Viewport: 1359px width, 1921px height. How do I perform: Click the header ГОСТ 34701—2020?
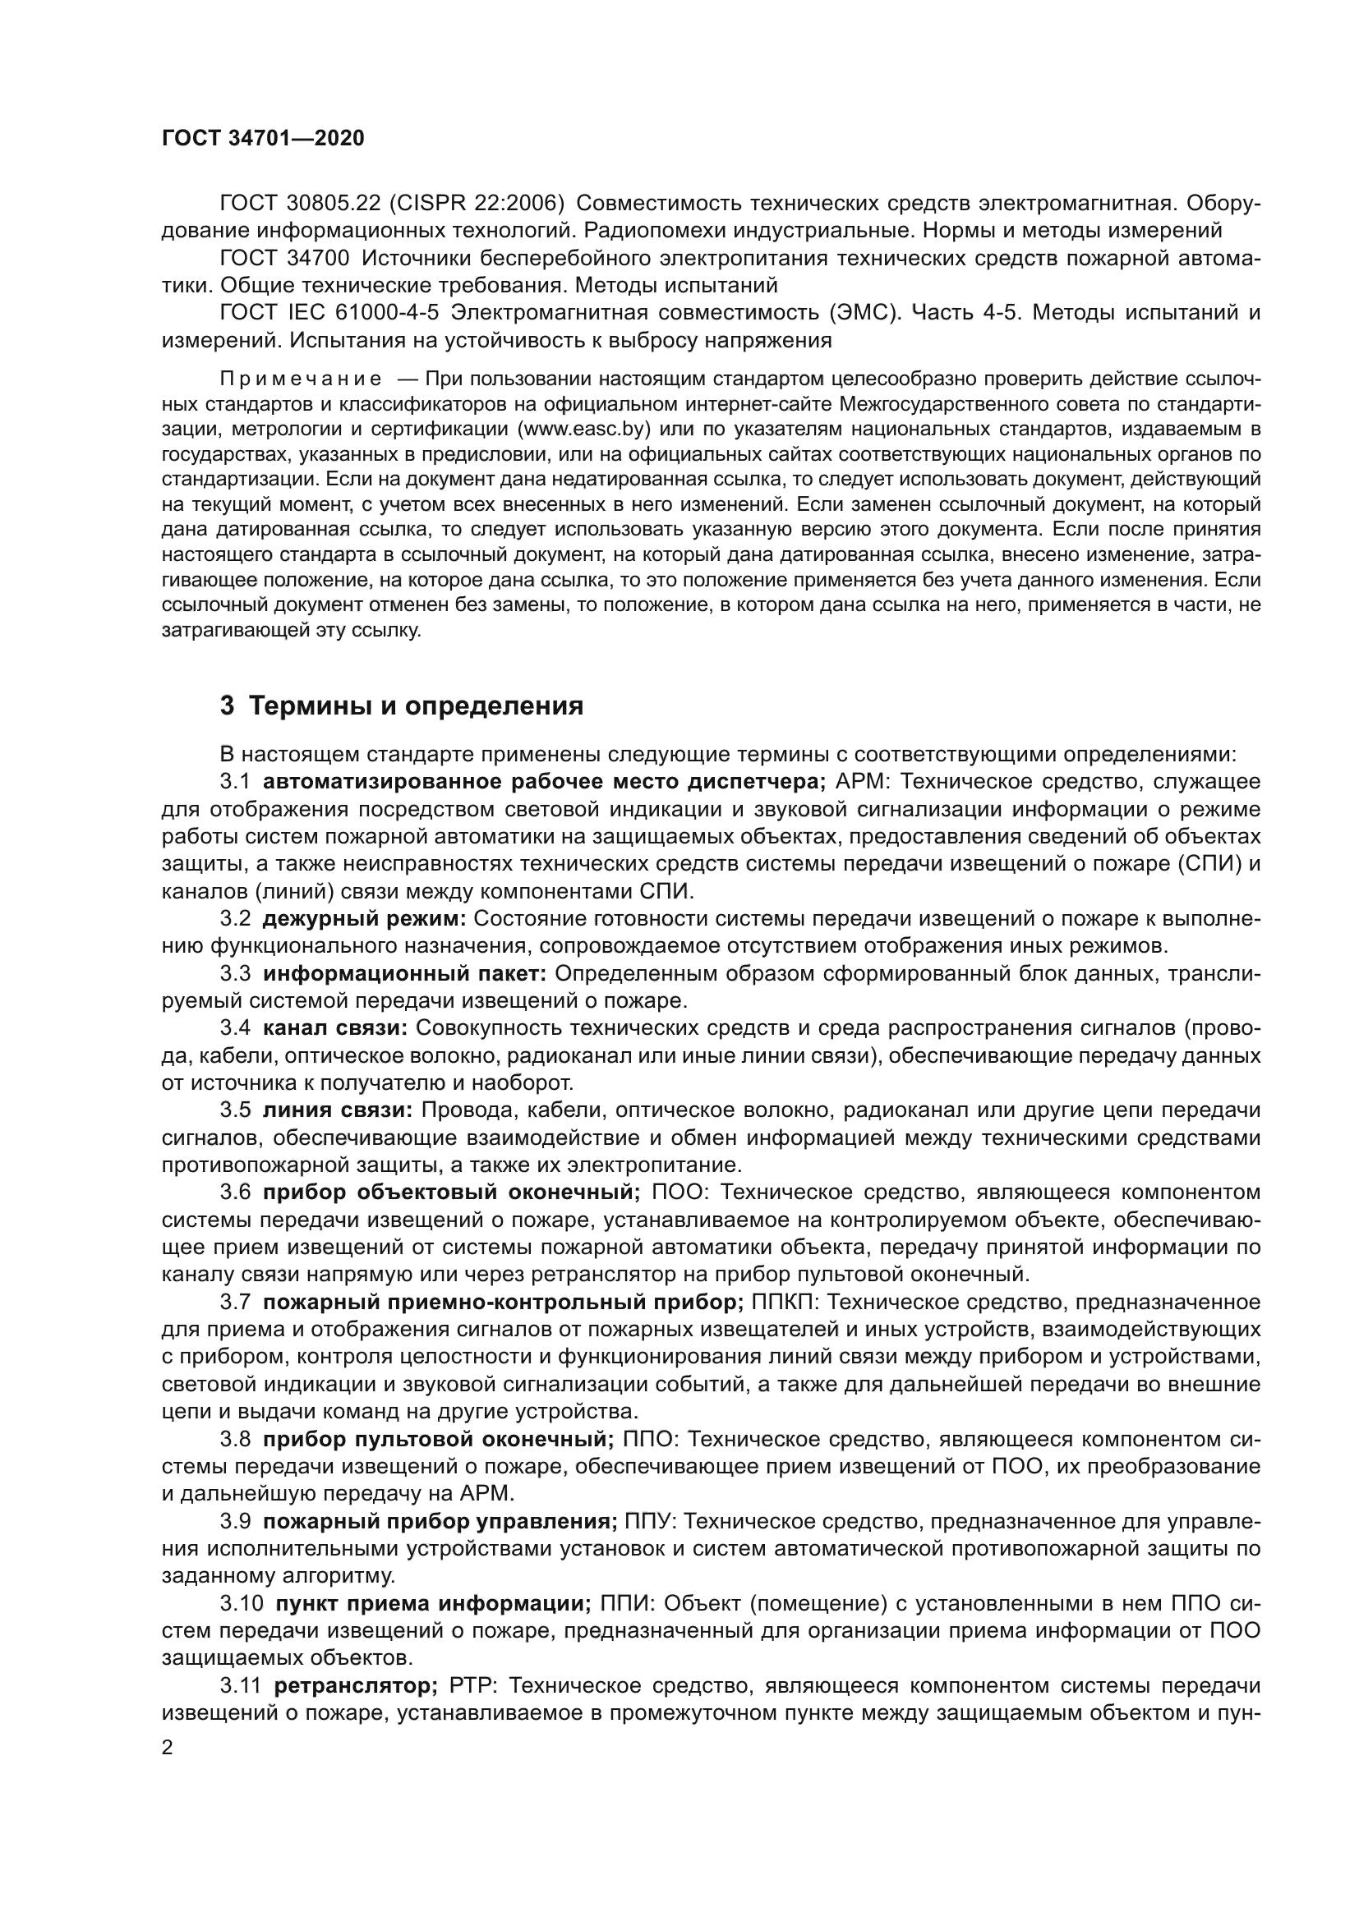263,139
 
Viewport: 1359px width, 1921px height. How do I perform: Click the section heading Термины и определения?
401,706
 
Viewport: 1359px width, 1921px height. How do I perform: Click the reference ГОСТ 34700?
284,259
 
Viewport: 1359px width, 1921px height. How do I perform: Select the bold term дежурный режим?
364,919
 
